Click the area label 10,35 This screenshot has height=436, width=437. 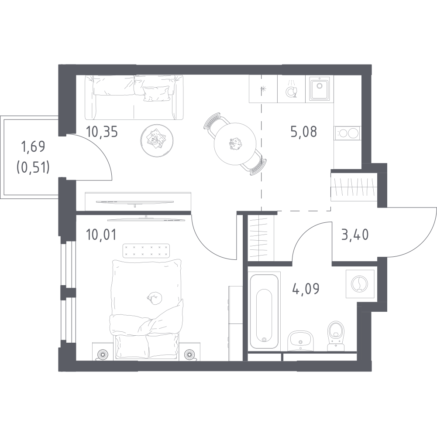[102, 132]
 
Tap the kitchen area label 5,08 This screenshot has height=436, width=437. [303, 131]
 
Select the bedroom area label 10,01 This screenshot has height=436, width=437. [101, 235]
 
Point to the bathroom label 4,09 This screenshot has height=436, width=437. [306, 289]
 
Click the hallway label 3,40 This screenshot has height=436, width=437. [355, 235]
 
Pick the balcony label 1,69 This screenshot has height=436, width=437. [33, 147]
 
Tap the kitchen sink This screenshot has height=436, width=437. [320, 89]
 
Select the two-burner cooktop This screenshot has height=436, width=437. [347, 133]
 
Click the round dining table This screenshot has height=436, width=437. [235, 144]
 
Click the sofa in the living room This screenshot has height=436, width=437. [134, 97]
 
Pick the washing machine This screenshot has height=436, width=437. [360, 284]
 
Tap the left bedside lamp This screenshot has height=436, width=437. [102, 354]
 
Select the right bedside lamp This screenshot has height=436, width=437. [189, 354]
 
